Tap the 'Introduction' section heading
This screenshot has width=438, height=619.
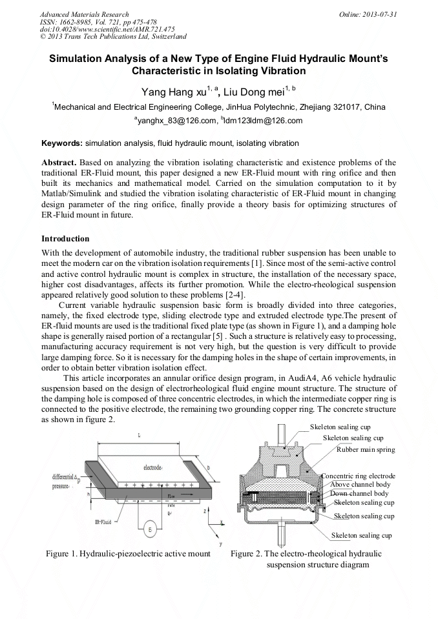[65, 239]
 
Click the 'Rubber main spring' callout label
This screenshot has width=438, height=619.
[366, 450]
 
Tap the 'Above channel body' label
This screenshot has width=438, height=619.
[360, 484]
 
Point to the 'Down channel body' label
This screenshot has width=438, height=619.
[359, 493]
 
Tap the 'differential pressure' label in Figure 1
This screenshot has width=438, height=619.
[65, 481]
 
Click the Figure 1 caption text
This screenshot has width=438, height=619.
[128, 554]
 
